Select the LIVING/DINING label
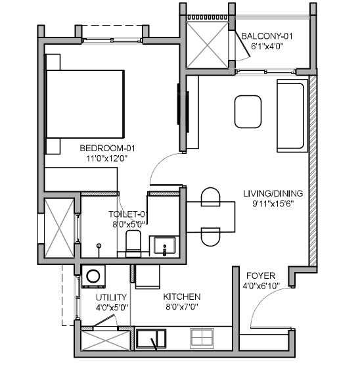[x=273, y=193]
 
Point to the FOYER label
[x=261, y=275]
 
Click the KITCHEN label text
[x=182, y=296]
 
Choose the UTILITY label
[x=111, y=297]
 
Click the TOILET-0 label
[x=127, y=214]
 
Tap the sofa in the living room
[x=291, y=114]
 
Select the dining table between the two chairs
[x=210, y=217]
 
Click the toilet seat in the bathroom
[x=134, y=241]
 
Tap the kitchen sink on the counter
[x=152, y=339]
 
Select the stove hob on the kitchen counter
[x=202, y=339]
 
